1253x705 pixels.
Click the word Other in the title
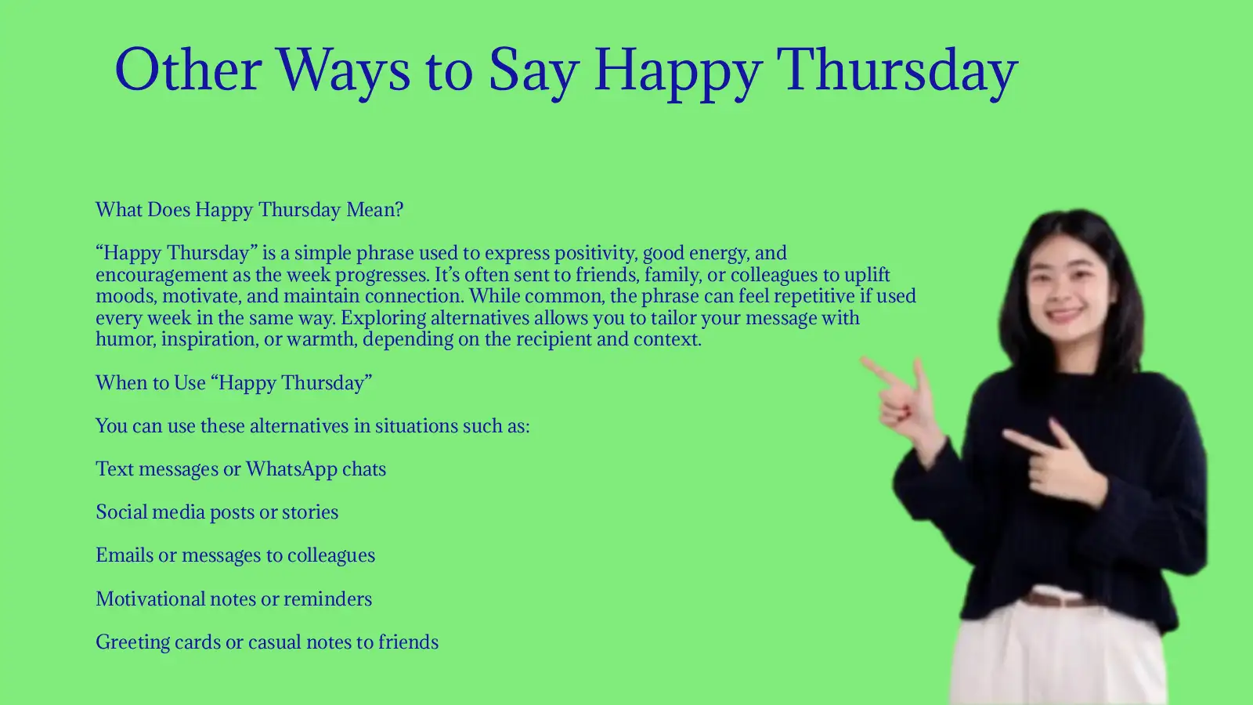(187, 70)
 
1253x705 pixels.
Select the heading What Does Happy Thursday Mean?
(249, 210)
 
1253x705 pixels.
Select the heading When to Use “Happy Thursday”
(233, 383)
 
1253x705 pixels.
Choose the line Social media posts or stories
(217, 512)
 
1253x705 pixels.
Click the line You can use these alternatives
(312, 426)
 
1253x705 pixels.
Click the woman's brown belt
(1057, 600)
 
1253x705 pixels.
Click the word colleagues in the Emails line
(330, 555)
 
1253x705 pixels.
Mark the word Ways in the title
(343, 70)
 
